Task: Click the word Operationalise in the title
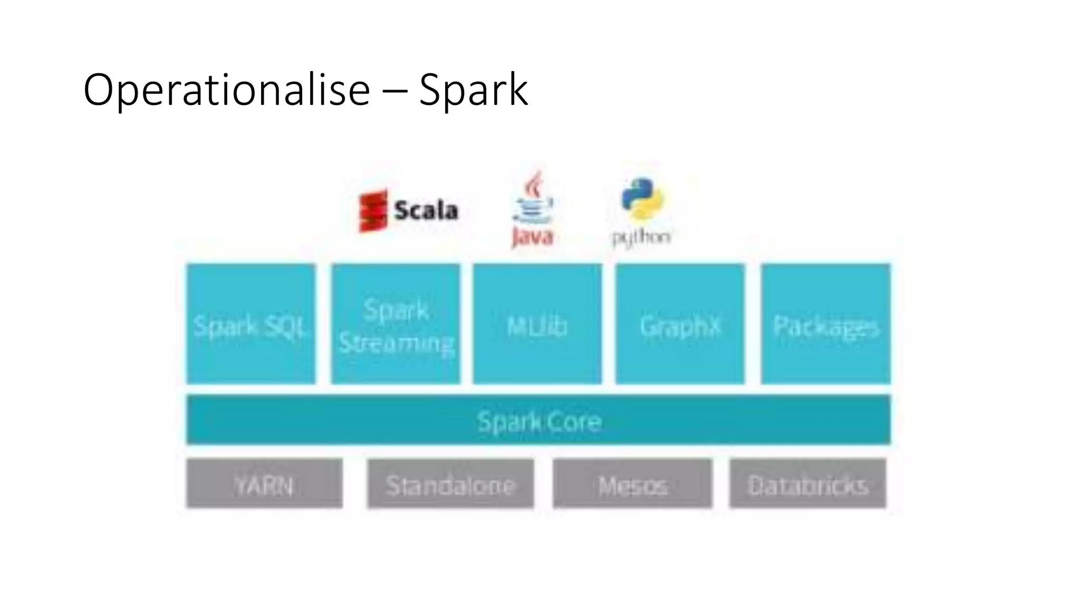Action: point(227,91)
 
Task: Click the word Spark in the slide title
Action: point(473,91)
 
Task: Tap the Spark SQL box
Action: point(251,324)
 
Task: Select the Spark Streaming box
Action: point(396,324)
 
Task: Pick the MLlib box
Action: point(537,324)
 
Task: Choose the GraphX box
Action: point(680,324)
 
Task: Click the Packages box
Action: point(825,324)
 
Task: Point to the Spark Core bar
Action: point(538,420)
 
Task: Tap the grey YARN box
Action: point(264,484)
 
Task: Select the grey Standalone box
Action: point(450,484)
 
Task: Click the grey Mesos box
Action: point(632,484)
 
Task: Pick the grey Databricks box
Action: point(807,484)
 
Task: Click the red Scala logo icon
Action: point(373,211)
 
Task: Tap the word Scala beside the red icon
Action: point(426,211)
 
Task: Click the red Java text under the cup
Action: point(532,237)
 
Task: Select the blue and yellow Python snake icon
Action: point(642,198)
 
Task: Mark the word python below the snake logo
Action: point(641,237)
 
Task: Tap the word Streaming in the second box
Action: point(396,343)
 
